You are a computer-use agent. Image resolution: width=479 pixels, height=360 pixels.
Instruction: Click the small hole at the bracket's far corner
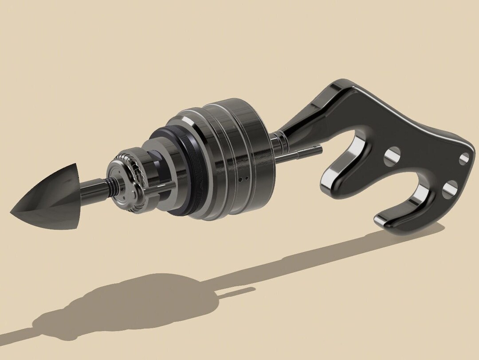click(464, 158)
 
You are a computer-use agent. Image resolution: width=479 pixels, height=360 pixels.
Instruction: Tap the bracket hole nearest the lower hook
click(449, 188)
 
